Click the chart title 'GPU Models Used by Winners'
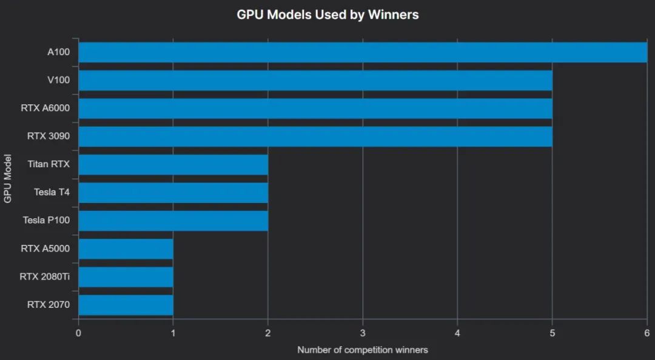[x=327, y=14]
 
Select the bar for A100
[x=363, y=52]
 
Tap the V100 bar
[x=315, y=80]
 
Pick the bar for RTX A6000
[x=315, y=108]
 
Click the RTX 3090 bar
[x=315, y=136]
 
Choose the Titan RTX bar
[x=173, y=164]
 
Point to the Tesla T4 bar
[x=173, y=193]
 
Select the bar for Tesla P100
[x=173, y=221]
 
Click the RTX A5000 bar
[x=126, y=248]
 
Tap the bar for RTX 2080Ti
[x=126, y=277]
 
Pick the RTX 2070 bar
[x=126, y=305]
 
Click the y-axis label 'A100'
[x=58, y=52]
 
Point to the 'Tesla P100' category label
[x=46, y=221]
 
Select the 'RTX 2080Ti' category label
[x=45, y=277]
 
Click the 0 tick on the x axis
[x=78, y=333]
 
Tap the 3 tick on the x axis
[x=363, y=333]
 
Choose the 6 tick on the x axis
[x=647, y=333]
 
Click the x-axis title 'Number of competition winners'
[x=363, y=350]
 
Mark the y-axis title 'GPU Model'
[x=7, y=178]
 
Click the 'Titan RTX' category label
[x=49, y=164]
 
